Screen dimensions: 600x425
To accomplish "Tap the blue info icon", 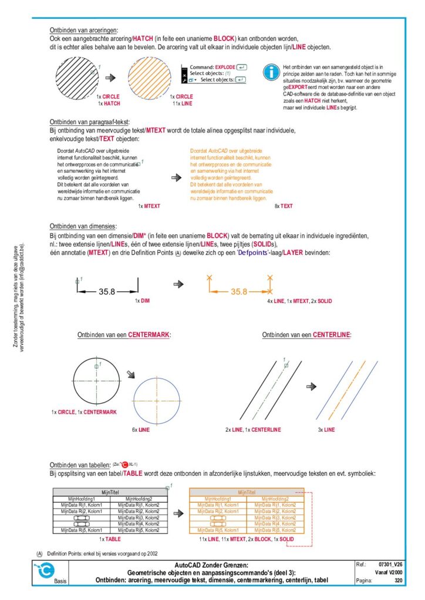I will point(271,73).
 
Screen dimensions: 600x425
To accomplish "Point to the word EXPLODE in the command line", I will point(225,67).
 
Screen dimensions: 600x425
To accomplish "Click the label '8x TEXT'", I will point(284,206).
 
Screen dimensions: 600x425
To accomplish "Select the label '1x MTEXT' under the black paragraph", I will point(149,206).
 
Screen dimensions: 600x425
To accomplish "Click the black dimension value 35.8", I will point(107,291).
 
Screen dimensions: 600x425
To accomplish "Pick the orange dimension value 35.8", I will point(238,291).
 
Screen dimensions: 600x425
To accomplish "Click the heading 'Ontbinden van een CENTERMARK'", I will point(124,335).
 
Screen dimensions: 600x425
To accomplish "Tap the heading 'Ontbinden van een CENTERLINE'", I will point(307,335).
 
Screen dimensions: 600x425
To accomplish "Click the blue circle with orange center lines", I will point(158,400).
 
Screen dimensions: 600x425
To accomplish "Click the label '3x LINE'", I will point(326,429).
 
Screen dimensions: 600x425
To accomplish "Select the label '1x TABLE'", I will point(109,538).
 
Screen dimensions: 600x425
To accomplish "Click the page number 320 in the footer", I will point(398,581).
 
